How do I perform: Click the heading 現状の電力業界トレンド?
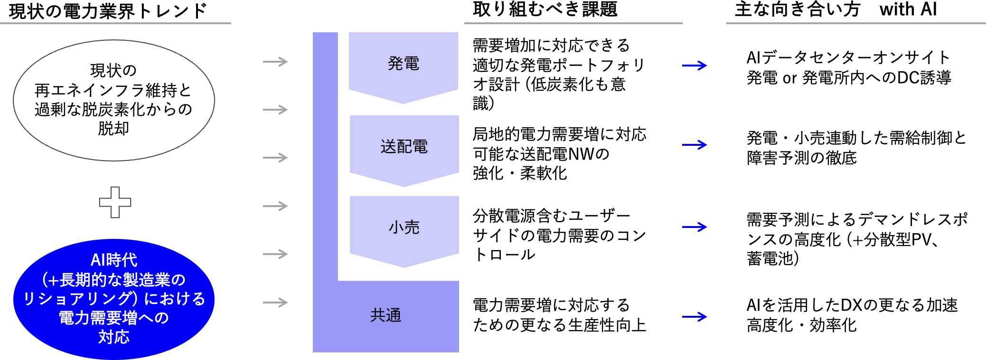pos(108,10)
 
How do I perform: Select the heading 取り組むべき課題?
pos(545,9)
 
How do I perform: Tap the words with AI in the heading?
pos(908,9)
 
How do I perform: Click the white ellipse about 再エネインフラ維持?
pos(114,100)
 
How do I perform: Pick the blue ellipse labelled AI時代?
pos(114,299)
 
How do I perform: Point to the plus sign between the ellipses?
pos(115,202)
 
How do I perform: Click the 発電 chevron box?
pos(404,64)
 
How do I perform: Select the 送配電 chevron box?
pos(404,147)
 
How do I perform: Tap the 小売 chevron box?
pos(404,227)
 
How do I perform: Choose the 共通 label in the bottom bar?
pos(385,315)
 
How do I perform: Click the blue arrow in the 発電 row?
pos(694,66)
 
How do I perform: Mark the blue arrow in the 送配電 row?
pos(694,145)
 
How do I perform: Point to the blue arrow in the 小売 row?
pos(694,227)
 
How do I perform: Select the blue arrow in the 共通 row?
pos(694,317)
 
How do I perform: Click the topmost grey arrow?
pos(275,62)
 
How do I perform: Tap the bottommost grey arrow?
pos(275,303)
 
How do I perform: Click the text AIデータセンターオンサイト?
pos(848,58)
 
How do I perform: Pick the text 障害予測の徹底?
pos(801,158)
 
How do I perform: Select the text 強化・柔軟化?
pos(520,173)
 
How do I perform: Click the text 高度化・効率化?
pos(801,325)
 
